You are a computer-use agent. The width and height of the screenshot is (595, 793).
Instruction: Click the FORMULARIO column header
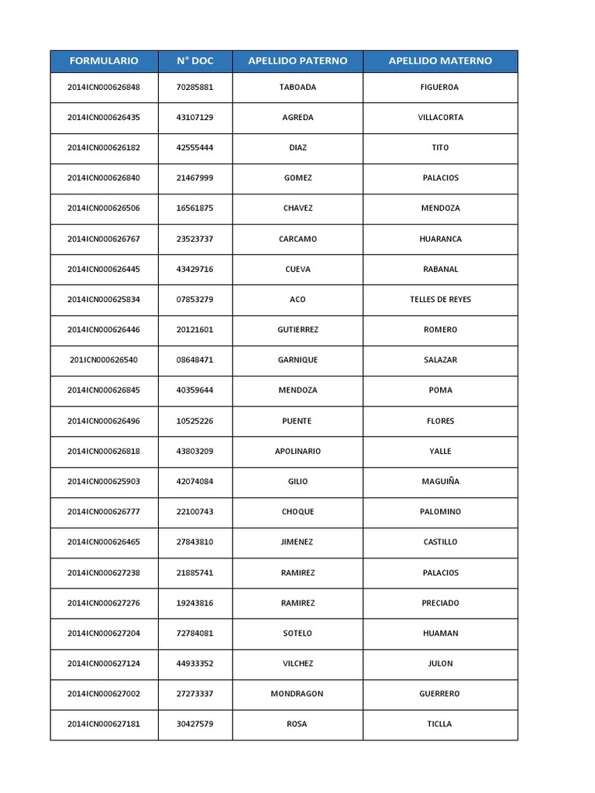(104, 61)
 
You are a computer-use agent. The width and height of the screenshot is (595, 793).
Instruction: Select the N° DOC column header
(194, 61)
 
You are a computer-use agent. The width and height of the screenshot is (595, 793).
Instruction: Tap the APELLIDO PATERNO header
(297, 61)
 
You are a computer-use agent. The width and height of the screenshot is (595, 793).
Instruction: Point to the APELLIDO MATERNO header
(440, 61)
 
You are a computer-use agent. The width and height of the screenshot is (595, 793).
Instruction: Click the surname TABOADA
(297, 88)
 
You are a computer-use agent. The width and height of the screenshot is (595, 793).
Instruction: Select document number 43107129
(194, 118)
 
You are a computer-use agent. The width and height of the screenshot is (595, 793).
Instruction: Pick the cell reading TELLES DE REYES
(440, 300)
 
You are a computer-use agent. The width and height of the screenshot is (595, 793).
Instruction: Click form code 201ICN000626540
(104, 360)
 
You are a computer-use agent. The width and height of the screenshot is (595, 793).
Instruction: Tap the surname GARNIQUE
(297, 360)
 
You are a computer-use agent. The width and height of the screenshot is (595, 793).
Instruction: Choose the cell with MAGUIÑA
(440, 482)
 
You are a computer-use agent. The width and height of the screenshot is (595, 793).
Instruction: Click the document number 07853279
(194, 300)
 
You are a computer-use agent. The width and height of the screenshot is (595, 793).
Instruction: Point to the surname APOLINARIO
(297, 451)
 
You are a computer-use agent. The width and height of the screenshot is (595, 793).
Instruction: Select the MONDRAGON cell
(297, 694)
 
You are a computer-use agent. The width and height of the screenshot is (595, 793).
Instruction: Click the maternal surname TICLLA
(440, 724)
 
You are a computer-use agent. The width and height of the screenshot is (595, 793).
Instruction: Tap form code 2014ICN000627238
(104, 573)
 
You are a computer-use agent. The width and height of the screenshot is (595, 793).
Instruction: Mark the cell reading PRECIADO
(440, 603)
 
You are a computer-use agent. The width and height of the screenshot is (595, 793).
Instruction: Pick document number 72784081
(194, 633)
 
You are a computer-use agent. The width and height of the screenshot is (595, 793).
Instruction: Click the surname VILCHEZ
(297, 664)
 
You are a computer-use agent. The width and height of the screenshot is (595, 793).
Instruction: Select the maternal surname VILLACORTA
(440, 118)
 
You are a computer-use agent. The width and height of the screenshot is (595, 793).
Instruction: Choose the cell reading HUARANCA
(440, 239)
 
